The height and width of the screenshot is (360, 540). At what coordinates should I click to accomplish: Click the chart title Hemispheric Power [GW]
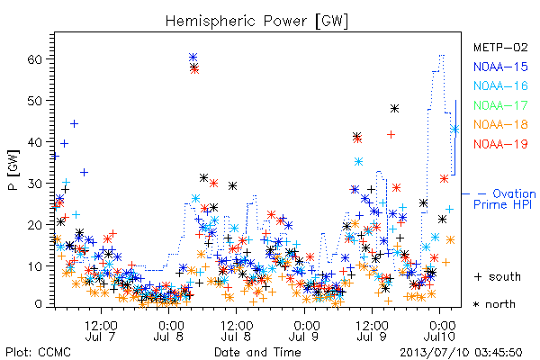pos(256,21)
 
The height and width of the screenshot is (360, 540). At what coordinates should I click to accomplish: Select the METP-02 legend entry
pos(500,47)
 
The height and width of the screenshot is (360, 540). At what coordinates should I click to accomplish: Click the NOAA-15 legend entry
pos(500,67)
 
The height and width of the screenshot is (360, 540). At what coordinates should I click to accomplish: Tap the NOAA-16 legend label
pos(500,85)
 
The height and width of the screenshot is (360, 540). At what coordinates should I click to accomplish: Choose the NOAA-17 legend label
pos(500,105)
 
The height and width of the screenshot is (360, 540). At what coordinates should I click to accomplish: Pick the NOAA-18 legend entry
pos(500,124)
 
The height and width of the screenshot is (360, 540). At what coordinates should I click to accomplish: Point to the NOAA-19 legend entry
pos(500,144)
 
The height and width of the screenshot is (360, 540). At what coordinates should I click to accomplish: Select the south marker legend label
pos(498,276)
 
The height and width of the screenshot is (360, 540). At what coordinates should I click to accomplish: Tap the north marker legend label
pos(494,304)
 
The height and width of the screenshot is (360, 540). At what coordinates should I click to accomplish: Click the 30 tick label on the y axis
pos(35,184)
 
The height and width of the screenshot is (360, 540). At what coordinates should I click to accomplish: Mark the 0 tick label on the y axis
pos(39,304)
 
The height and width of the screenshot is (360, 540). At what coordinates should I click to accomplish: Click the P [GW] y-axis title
pos(13,170)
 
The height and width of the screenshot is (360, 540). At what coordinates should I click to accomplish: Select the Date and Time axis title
pos(257,352)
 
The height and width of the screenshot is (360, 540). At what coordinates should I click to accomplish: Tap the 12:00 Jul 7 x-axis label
pos(101,330)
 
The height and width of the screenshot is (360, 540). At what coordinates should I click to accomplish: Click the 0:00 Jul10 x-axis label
pos(440,330)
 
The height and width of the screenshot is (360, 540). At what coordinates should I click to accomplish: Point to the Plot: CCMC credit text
pos(38,353)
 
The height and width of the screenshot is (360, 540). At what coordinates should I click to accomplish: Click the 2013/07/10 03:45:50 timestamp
pos(461,353)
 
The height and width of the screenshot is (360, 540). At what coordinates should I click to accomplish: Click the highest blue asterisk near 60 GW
pos(193,57)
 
